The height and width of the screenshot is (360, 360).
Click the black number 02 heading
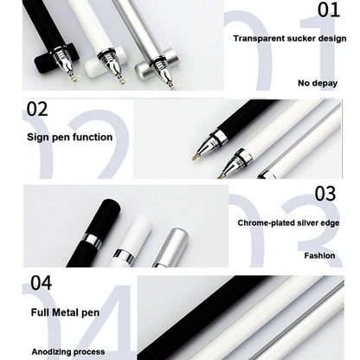37,109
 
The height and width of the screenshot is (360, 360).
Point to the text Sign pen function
69,137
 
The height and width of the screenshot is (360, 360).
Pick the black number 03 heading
325,193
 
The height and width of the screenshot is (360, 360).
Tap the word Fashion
319,255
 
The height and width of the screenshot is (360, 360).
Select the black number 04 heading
41,282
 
